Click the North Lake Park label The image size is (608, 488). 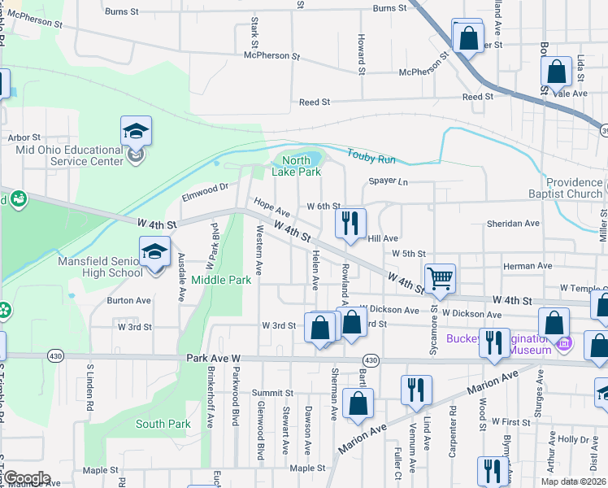tap(297, 166)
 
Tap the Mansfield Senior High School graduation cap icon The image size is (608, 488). tap(154, 253)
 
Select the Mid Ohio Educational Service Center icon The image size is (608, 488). tap(137, 133)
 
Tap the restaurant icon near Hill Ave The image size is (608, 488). tap(350, 224)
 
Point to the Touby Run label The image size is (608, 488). tap(371, 154)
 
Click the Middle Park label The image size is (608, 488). tap(221, 280)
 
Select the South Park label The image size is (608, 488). tap(163, 424)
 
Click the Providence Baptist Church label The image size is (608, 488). tap(574, 188)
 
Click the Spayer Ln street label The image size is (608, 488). tap(388, 181)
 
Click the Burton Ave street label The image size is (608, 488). tap(128, 300)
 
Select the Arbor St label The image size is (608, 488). tap(24, 138)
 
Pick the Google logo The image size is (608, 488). tap(26, 478)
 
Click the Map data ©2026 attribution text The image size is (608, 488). tap(573, 481)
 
